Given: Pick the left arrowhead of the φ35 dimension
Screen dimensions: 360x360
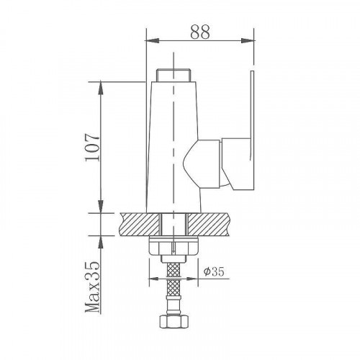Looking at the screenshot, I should tap(152, 279).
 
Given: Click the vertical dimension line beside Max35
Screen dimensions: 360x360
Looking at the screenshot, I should tap(102, 288).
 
